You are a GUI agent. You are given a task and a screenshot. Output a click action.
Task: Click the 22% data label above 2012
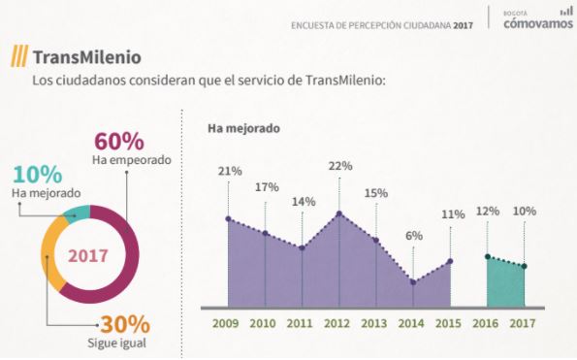tap(339, 166)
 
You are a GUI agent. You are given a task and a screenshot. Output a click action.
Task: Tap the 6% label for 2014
tap(414, 235)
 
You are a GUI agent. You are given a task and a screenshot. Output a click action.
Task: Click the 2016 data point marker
tap(488, 256)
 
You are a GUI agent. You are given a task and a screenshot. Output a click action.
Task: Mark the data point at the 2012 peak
tap(339, 213)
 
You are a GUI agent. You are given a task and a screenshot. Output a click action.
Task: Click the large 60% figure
tap(119, 142)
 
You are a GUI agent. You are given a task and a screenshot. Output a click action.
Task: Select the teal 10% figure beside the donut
tap(38, 175)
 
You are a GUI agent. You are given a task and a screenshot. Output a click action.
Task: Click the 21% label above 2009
tap(230, 171)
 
